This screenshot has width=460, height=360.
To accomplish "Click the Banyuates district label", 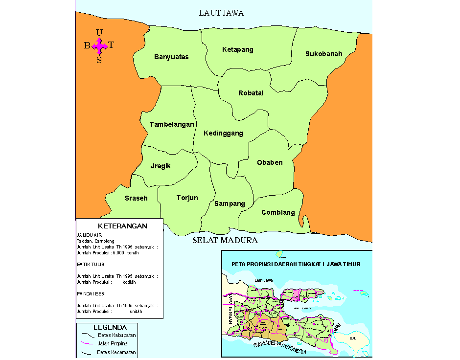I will [x=171, y=57].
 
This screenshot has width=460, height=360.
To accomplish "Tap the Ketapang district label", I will [x=237, y=50].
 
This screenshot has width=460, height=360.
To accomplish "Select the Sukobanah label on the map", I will [x=323, y=54].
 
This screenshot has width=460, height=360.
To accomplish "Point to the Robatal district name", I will [x=251, y=93].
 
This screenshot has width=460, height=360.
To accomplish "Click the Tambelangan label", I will [x=172, y=125].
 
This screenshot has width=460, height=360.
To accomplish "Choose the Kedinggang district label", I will [x=223, y=133].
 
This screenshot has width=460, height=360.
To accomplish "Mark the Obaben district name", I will [x=270, y=162].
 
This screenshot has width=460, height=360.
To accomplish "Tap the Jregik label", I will [x=161, y=166].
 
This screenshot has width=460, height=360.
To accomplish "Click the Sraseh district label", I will [x=136, y=198].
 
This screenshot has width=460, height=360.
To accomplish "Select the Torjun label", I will [x=187, y=198].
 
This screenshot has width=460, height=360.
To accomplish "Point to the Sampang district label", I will [x=230, y=203].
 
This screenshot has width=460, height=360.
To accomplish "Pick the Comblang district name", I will [x=278, y=212].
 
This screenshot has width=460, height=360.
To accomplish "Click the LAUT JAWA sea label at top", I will [x=221, y=13].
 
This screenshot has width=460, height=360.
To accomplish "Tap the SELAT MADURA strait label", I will [x=225, y=240].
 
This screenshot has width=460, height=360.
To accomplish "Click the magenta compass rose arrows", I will [x=99, y=46].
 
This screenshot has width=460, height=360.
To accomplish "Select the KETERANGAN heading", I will [x=122, y=226].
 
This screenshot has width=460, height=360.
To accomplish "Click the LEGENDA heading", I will [x=110, y=327].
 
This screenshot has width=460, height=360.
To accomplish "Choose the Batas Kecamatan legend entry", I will [x=116, y=352].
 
